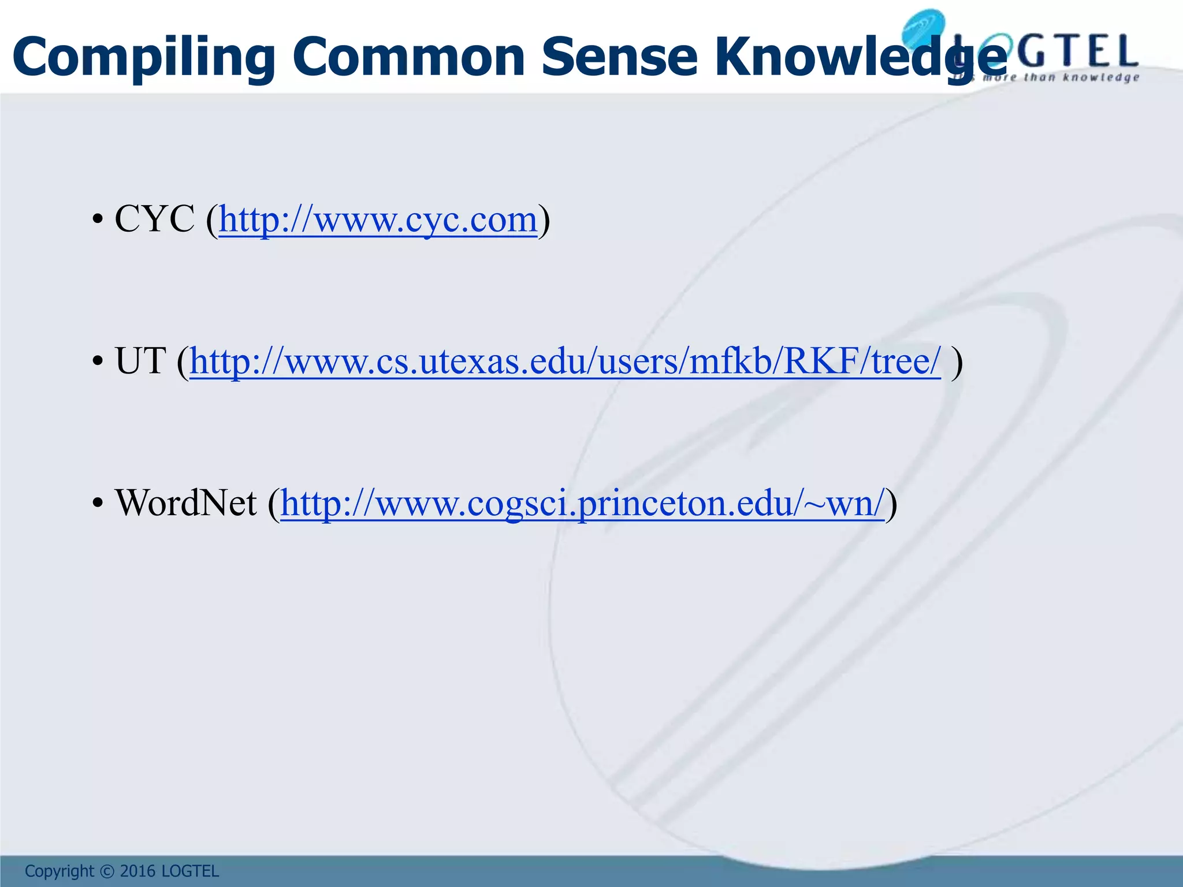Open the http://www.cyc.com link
[378, 220]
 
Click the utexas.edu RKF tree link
[565, 362]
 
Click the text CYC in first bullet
[155, 220]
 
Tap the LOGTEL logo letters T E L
[1092, 51]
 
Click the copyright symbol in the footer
[107, 871]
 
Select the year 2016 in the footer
[139, 871]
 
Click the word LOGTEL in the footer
[190, 871]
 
